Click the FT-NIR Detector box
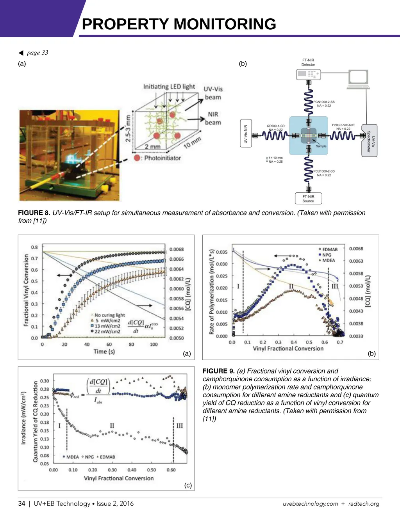(x=308, y=62)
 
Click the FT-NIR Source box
(x=308, y=199)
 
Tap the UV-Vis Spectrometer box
(x=370, y=140)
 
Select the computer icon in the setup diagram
(x=358, y=79)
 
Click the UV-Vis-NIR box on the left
(x=245, y=134)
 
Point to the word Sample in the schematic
(x=321, y=146)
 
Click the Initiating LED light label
(x=169, y=87)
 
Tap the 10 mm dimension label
(x=192, y=142)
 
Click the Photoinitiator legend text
(x=162, y=158)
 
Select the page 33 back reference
(x=37, y=53)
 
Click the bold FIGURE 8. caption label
(x=34, y=213)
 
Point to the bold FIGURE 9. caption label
(x=218, y=371)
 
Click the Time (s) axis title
(x=104, y=352)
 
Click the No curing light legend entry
(x=109, y=315)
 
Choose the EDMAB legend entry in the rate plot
(x=329, y=249)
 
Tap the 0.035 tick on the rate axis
(x=221, y=252)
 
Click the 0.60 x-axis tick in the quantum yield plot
(x=171, y=470)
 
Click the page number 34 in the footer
(x=21, y=503)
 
